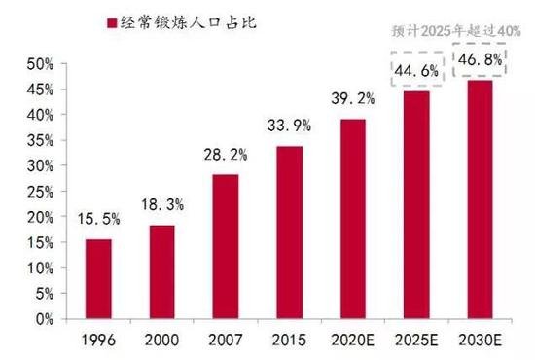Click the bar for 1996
coord(99,278)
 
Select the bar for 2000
coord(163,271)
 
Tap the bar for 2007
coord(226,246)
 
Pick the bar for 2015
coord(289,232)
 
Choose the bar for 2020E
coord(352,218)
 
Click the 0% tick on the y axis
coord(40,318)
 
